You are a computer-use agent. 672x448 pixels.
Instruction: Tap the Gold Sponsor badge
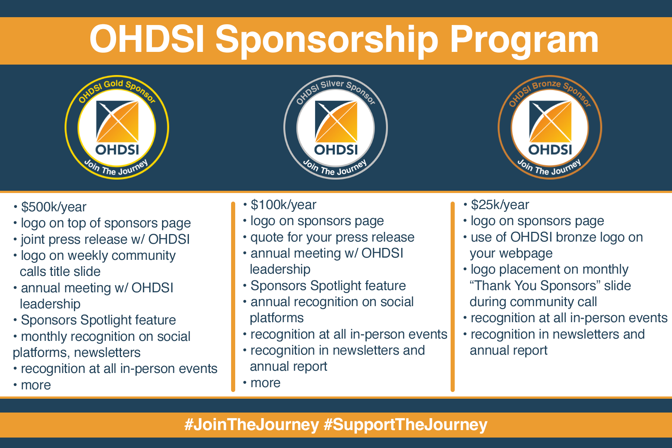[117, 127]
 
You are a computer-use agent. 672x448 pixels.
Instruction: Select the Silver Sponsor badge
[336, 127]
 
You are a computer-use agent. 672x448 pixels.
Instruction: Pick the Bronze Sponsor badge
[550, 127]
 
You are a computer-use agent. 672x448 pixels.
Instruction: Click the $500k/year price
[54, 207]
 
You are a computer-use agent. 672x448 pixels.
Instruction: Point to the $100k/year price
[283, 205]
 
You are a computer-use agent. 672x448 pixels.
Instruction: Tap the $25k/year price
[500, 205]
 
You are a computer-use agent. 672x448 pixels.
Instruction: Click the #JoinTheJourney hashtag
[252, 425]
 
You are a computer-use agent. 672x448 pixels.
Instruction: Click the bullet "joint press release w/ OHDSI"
[105, 239]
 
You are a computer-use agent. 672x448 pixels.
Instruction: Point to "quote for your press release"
[332, 237]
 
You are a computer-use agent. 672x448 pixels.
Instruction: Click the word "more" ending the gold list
[36, 385]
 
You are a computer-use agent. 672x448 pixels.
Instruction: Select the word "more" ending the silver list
[265, 383]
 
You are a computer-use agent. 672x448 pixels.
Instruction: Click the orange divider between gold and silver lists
[233, 297]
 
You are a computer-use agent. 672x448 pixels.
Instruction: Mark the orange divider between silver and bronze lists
[452, 297]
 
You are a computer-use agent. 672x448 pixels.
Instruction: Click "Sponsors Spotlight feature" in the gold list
[99, 320]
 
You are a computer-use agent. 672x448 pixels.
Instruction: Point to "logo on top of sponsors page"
[106, 223]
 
